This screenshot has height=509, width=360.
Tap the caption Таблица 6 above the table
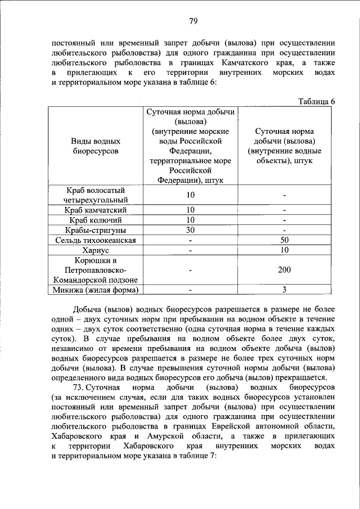(317, 101)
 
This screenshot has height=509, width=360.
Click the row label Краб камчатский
(96, 210)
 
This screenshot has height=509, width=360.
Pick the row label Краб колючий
(96, 220)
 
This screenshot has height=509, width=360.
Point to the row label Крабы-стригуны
(96, 230)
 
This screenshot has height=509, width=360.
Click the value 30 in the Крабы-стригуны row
(191, 230)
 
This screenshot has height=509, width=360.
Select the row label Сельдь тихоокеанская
(96, 240)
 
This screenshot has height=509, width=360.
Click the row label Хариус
(96, 250)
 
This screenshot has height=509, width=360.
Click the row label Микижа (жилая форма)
(96, 290)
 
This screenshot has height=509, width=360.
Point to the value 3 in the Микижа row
(285, 290)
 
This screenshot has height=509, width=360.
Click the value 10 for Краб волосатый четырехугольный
(191, 195)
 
